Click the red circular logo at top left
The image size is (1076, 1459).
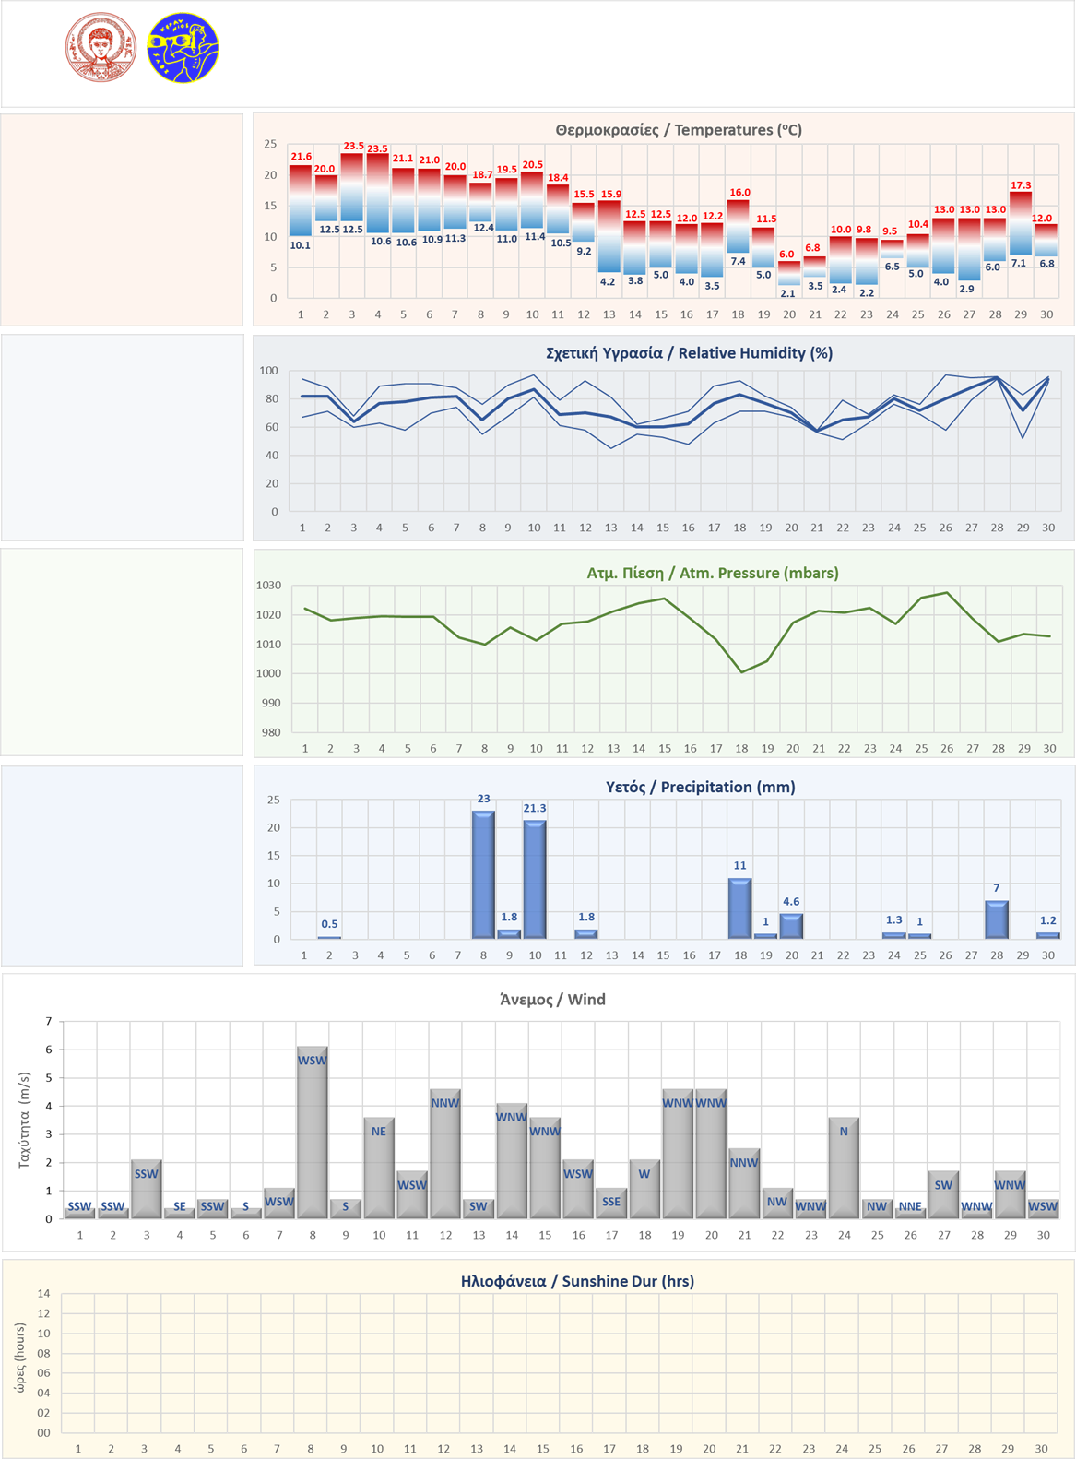pos(101,47)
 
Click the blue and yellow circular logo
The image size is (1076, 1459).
pos(183,48)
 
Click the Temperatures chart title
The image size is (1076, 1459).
pos(679,130)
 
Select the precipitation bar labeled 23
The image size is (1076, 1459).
pos(483,874)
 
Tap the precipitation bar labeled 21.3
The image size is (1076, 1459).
pos(535,879)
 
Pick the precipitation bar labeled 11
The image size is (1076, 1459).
pos(739,908)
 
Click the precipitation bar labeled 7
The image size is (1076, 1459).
pos(997,919)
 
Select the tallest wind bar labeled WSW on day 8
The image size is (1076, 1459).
pos(313,1133)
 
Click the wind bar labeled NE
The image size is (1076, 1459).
pos(379,1168)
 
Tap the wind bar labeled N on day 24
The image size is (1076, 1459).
pos(844,1168)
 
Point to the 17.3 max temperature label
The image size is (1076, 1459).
pos(1021,185)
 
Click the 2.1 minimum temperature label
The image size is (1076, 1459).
pos(787,293)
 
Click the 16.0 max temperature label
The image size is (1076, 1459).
pos(739,193)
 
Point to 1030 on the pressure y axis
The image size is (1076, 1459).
pos(268,586)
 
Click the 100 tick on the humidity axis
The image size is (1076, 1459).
pos(268,371)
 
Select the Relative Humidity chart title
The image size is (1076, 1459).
pos(689,353)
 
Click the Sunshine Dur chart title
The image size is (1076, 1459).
pos(577,1281)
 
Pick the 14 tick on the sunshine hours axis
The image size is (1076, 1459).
pos(43,1293)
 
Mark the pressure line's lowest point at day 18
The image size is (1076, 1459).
pos(741,672)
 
